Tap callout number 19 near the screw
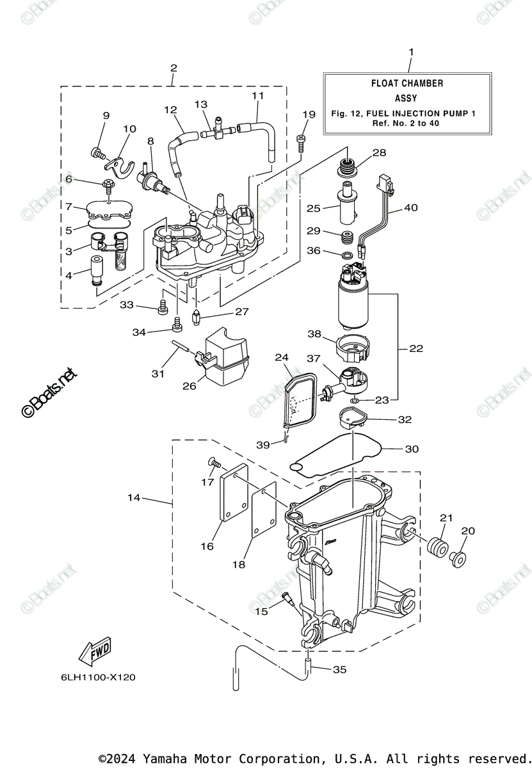tap(309, 115)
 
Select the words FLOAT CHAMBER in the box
tap(407, 83)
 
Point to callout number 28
tap(379, 152)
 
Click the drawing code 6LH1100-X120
tap(98, 677)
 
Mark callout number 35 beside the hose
tap(339, 669)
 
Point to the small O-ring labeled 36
tap(348, 255)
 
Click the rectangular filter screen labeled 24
tap(300, 401)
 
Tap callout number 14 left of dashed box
tap(134, 497)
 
